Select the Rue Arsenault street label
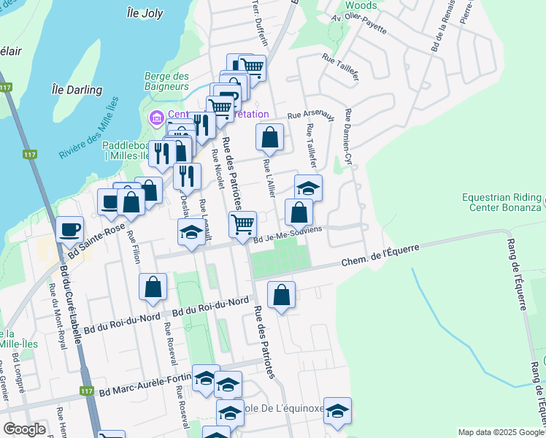[x=310, y=115]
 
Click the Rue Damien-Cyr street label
[x=349, y=137]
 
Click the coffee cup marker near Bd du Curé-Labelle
[x=70, y=229]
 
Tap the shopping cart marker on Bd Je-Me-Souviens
[x=242, y=223]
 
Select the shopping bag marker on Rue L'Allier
[x=269, y=136]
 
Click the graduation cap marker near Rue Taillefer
[x=308, y=187]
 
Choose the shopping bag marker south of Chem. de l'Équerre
[x=281, y=294]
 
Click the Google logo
[x=24, y=429]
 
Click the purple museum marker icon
[x=155, y=117]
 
